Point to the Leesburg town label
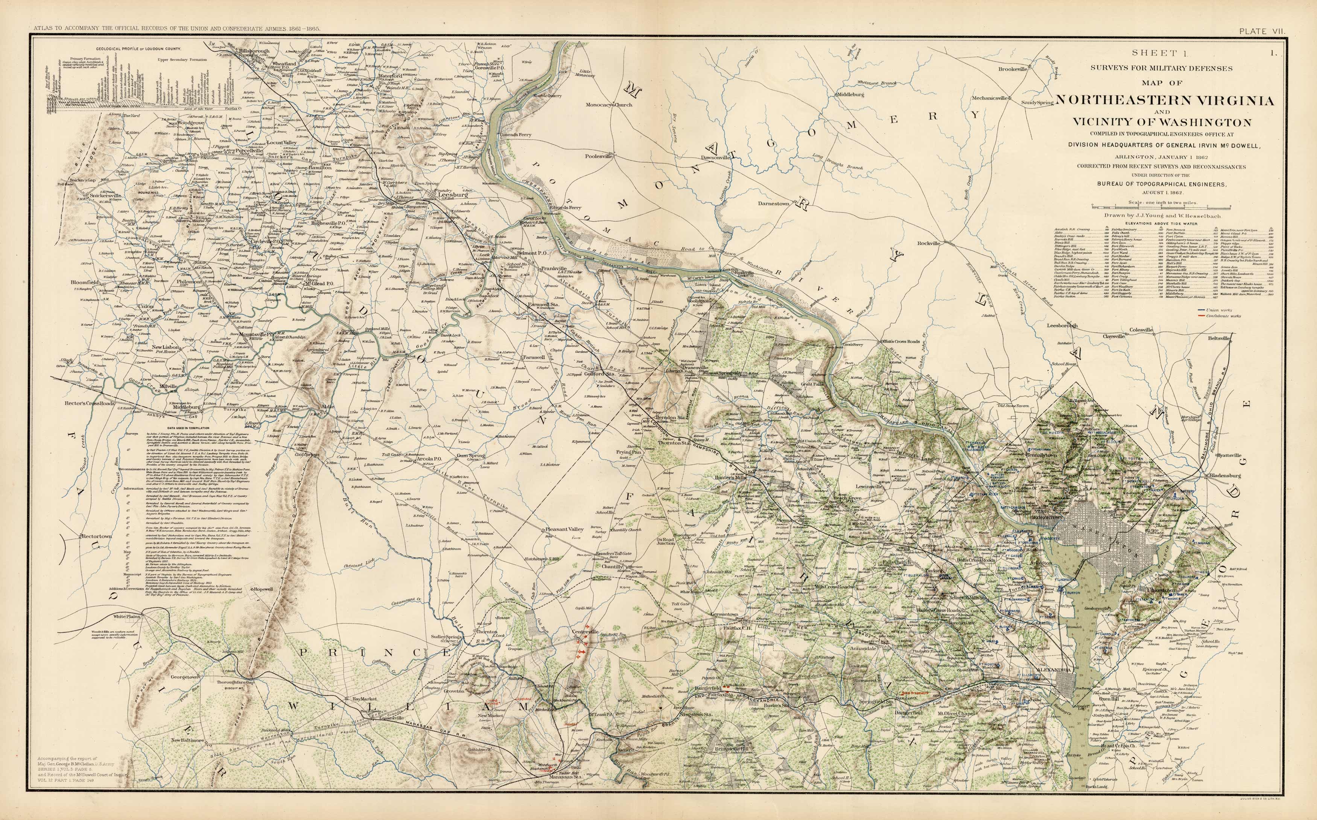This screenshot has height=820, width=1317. (453, 195)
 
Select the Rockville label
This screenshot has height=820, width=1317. (928, 244)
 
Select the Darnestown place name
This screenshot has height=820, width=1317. (774, 203)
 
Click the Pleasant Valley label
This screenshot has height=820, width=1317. (564, 529)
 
